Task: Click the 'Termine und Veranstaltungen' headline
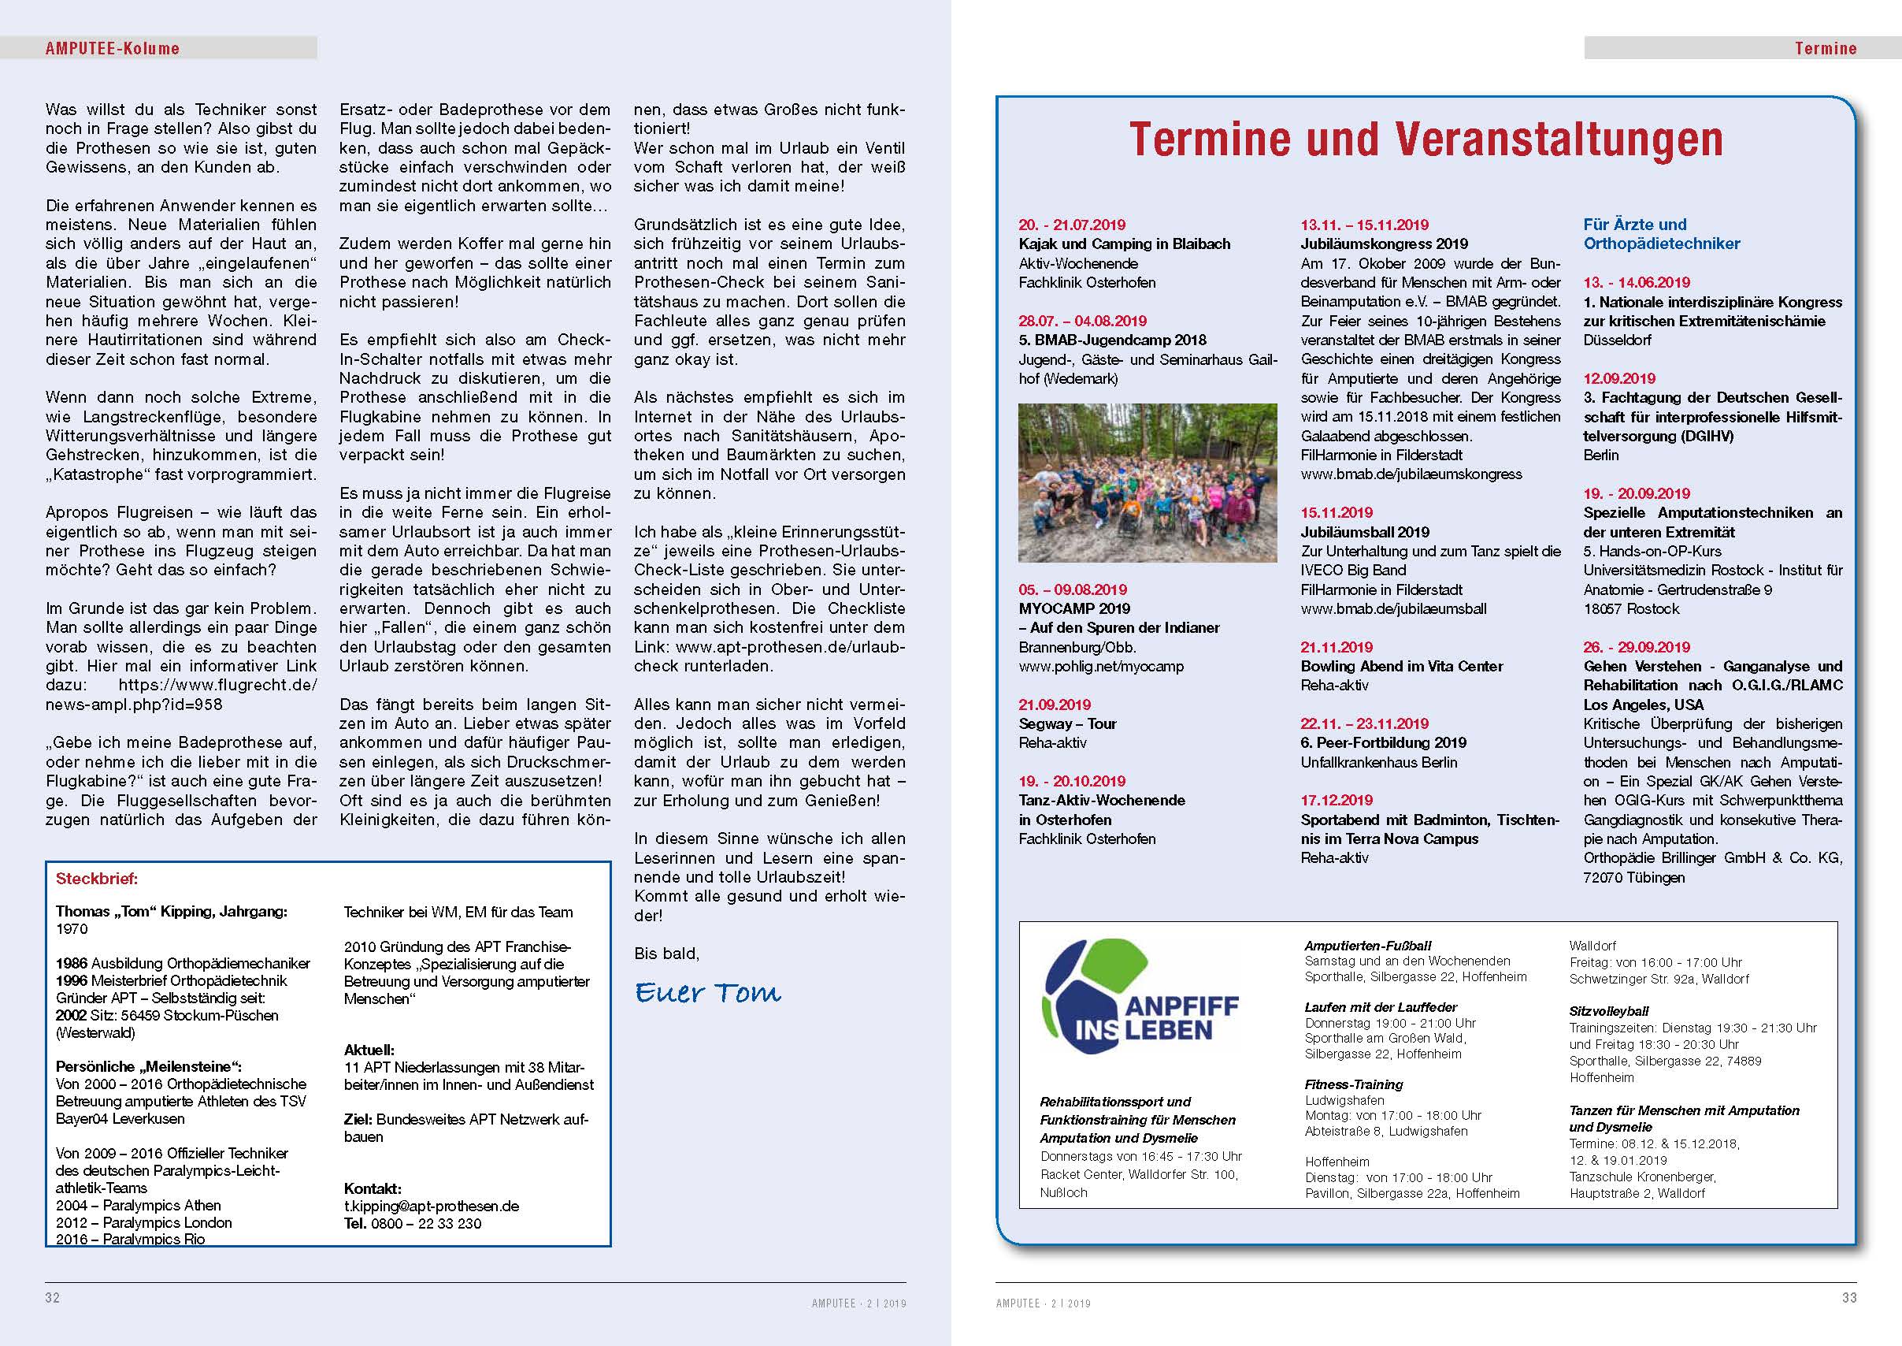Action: pos(1426,139)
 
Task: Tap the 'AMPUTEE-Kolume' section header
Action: pos(112,48)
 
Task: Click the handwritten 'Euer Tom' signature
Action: pos(708,992)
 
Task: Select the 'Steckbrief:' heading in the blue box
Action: pos(97,879)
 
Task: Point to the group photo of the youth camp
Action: pos(1148,483)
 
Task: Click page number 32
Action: pos(52,1297)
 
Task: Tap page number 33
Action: pos(1849,1297)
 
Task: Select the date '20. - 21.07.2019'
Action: pos(1072,225)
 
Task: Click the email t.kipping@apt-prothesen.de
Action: pos(432,1206)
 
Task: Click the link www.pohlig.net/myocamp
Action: pos(1101,667)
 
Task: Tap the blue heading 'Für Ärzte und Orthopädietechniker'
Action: pos(1661,234)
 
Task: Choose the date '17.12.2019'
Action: pos(1337,800)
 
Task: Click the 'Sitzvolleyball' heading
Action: pos(1609,1011)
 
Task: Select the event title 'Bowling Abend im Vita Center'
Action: pos(1402,667)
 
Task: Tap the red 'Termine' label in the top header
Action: pos(1825,48)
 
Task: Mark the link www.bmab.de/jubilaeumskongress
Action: pos(1411,474)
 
